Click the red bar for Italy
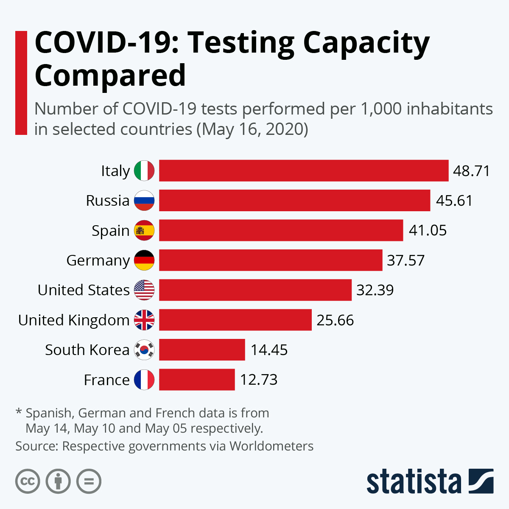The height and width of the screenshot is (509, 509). (304, 171)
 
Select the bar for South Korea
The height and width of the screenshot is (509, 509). (202, 350)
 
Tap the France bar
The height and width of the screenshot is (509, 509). (197, 380)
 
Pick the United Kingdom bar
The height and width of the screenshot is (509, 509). (235, 320)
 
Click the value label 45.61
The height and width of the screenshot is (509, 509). (454, 201)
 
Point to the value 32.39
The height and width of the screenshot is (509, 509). (375, 290)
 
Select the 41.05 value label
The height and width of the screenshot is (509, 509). (428, 230)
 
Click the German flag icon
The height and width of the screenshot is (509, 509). (144, 260)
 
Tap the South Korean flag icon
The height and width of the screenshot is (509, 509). (144, 350)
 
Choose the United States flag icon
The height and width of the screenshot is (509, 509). (144, 290)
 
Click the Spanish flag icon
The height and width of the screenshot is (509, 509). (144, 230)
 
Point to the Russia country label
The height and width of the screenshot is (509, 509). (108, 201)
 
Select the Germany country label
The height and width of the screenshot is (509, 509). (98, 260)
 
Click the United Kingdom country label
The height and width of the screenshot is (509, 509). (74, 320)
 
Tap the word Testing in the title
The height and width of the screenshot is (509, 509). (241, 43)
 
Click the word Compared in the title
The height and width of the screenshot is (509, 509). (110, 76)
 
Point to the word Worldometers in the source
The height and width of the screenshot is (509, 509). (271, 446)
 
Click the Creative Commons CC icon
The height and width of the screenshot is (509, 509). (28, 481)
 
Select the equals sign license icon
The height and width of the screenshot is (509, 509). (89, 481)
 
